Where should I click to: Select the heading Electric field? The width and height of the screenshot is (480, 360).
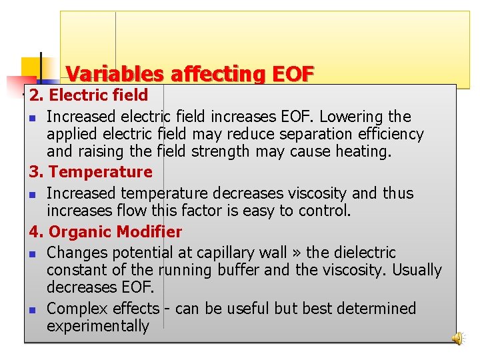[98, 95]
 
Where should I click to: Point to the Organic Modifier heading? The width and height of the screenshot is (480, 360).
[115, 232]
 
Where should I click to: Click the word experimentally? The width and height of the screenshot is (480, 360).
[98, 326]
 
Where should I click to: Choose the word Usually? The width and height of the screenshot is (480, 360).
[417, 270]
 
